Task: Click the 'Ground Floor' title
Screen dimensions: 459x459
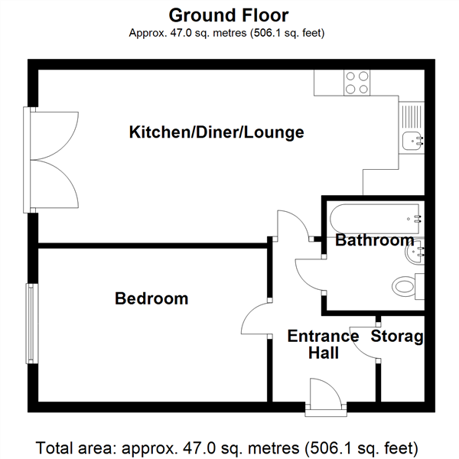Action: click(229, 15)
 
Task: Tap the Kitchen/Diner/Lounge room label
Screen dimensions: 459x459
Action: click(216, 132)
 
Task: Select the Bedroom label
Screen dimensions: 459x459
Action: click(151, 298)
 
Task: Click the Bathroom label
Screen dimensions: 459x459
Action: click(375, 241)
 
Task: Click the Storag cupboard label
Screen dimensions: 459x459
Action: click(397, 336)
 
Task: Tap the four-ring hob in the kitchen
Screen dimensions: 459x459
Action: click(356, 83)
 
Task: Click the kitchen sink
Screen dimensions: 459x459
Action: click(412, 139)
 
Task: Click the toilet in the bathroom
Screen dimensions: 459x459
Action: click(405, 287)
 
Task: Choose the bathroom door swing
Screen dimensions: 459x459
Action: click(311, 272)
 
